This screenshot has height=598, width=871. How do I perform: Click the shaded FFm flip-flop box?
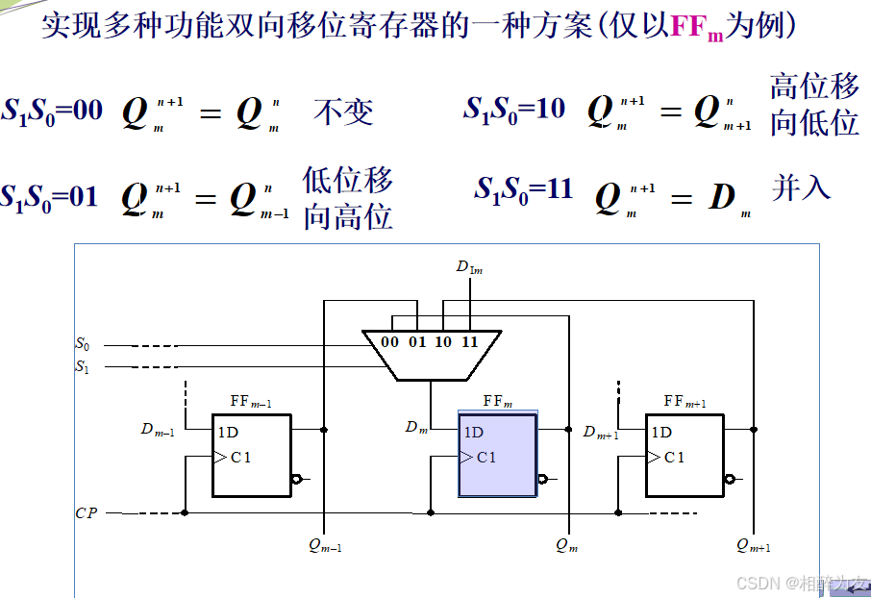(498, 455)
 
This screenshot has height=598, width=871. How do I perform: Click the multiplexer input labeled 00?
(389, 342)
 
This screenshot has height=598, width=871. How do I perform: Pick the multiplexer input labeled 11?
(470, 342)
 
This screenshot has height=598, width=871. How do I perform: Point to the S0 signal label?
(82, 343)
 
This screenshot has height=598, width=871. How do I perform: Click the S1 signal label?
(82, 365)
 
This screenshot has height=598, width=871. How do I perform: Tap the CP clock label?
(86, 513)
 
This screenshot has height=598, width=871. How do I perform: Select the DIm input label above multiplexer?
(469, 267)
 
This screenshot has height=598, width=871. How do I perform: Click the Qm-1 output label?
(325, 545)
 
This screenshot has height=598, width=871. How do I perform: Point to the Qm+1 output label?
(754, 545)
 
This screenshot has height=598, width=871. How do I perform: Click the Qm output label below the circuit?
(567, 545)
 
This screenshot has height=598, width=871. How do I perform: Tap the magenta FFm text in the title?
(696, 27)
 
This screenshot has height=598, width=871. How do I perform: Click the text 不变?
(342, 112)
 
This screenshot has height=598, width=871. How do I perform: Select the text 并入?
(801, 187)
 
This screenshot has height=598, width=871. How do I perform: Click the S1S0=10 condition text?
(514, 110)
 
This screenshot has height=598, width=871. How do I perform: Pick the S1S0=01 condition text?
(49, 198)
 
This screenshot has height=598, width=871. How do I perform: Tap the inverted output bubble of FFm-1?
(297, 478)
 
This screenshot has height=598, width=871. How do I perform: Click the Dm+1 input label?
(602, 433)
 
